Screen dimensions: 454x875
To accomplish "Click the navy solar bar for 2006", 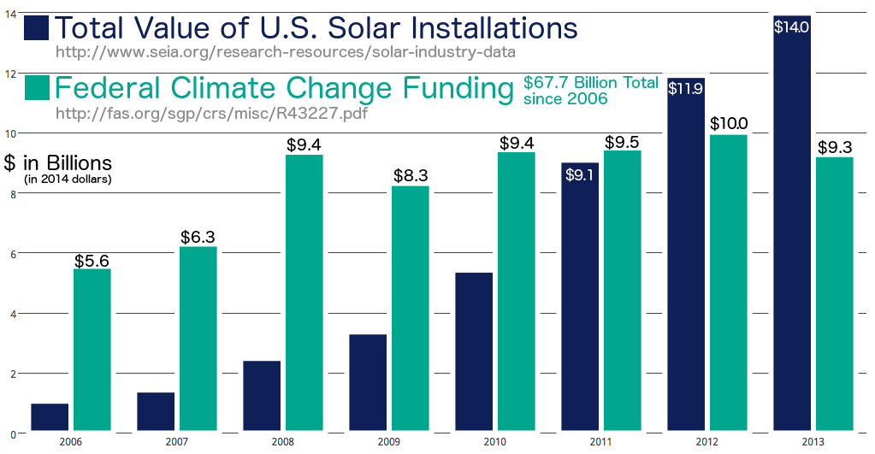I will [50, 416].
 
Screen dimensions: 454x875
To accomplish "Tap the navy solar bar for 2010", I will [473, 351].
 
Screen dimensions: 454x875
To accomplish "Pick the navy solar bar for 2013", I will [791, 222].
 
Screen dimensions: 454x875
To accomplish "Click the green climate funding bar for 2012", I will [728, 282].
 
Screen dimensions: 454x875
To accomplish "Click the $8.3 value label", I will [411, 176].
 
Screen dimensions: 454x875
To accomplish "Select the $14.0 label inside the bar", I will [791, 27].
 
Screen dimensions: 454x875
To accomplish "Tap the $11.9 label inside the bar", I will [686, 88].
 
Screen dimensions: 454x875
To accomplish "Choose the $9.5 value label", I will [623, 142].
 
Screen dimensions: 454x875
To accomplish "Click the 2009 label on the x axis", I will [388, 441].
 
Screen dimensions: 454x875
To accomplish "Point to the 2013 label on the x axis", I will [813, 441].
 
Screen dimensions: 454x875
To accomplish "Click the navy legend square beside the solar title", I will [37, 28].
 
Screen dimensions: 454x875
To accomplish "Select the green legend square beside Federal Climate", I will [37, 89].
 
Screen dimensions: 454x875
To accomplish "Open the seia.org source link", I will [285, 52].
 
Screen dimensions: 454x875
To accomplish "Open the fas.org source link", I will [210, 112].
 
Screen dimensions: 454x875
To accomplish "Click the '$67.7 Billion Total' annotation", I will [590, 83].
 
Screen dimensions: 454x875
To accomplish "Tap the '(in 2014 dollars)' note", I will [68, 179].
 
